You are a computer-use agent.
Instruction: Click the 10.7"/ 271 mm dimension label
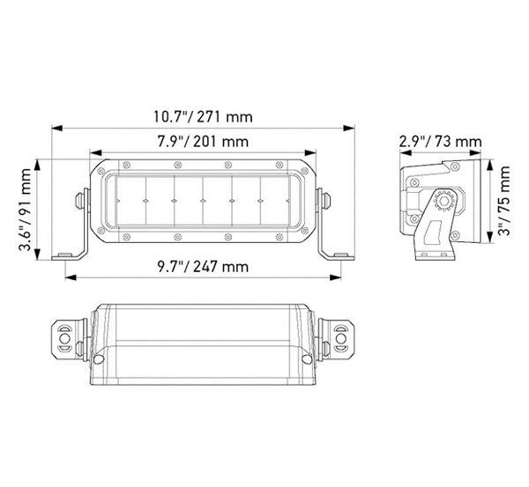204,116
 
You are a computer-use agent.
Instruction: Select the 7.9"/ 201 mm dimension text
203,141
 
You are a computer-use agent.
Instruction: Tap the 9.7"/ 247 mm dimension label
203,266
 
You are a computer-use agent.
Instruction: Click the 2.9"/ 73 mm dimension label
440,141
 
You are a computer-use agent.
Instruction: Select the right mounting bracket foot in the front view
335,255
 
